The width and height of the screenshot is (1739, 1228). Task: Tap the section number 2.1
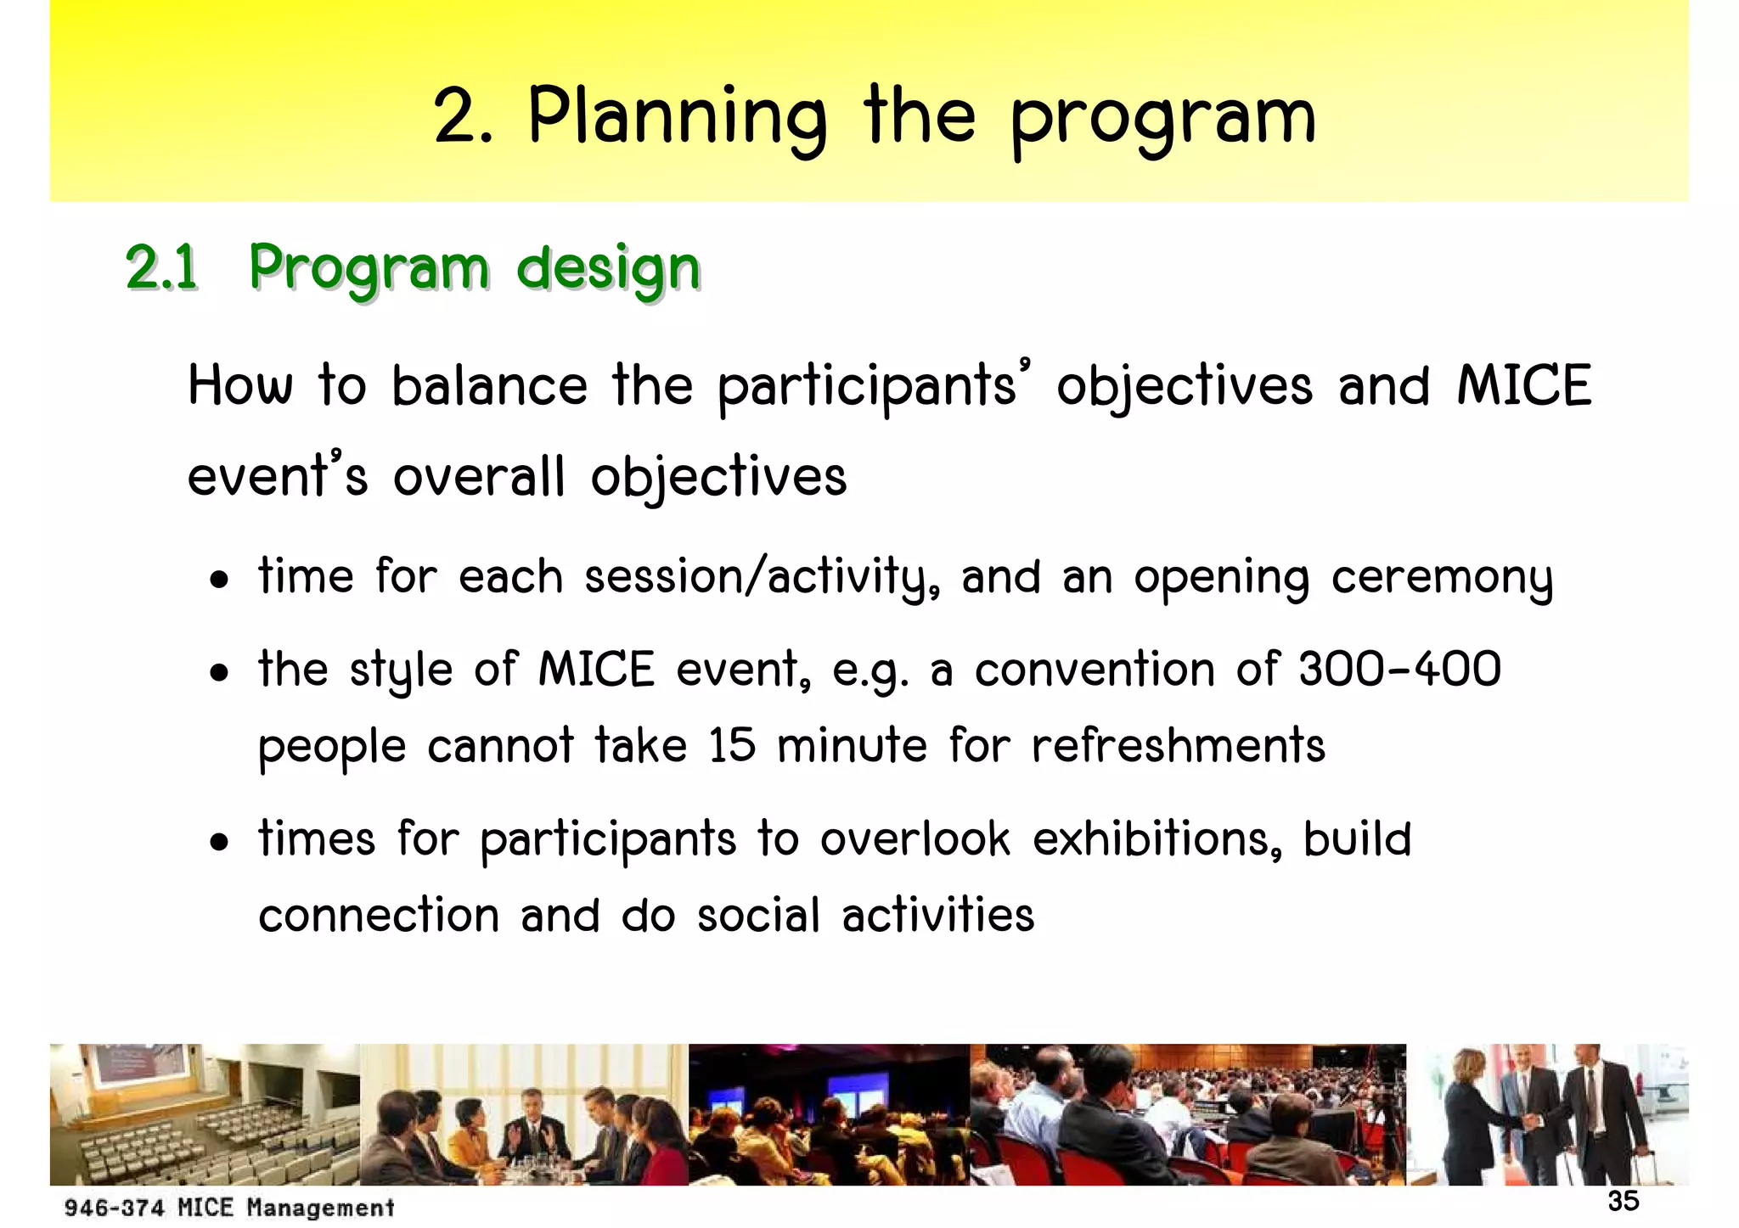coord(161,267)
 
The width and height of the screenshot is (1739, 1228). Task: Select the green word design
coord(608,269)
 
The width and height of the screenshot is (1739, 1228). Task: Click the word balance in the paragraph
coord(489,386)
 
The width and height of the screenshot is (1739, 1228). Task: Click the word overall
coord(479,476)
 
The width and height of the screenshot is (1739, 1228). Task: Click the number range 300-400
coord(1399,670)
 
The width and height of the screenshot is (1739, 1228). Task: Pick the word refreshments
coord(1178,746)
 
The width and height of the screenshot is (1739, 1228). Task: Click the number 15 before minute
coord(732,746)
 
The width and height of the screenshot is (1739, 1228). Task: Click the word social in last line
coord(759,916)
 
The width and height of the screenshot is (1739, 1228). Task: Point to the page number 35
coord(1623,1201)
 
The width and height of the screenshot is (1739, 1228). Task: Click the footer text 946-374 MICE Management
coord(229,1208)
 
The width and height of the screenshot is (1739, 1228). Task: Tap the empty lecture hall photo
coord(204,1114)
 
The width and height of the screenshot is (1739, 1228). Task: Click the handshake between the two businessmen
coord(1533,1121)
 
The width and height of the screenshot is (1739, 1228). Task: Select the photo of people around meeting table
coord(524,1114)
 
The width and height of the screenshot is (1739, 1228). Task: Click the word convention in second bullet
coord(1095,670)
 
